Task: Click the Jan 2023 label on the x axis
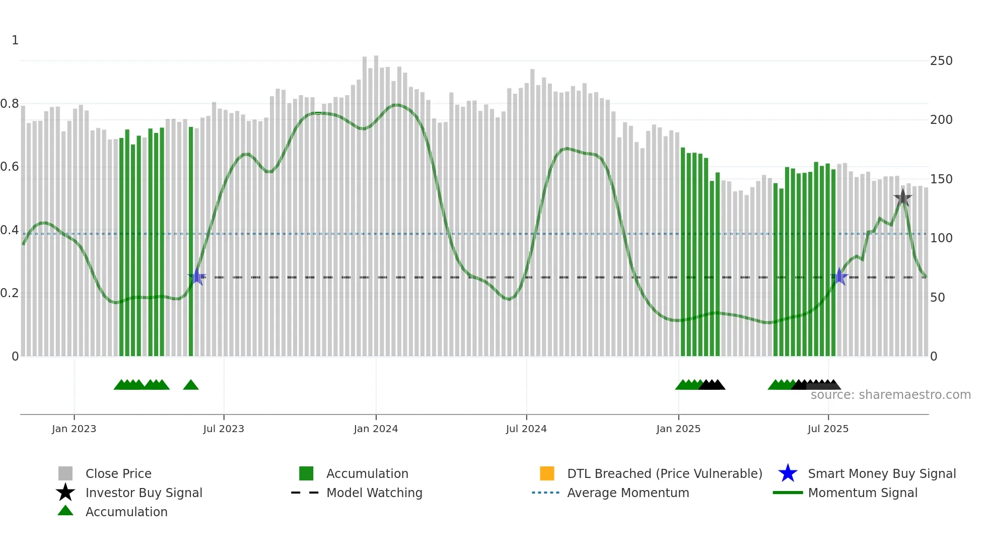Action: point(74,429)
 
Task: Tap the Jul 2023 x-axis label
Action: point(224,429)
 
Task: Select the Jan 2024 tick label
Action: point(376,429)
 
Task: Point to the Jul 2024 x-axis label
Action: point(526,429)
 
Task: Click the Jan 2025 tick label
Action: point(678,429)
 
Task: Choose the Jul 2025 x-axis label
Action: point(828,429)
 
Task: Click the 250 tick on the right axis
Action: point(941,61)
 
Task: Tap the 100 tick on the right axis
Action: point(941,238)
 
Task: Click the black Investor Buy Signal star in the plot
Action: point(903,198)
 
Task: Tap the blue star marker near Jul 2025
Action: point(839,276)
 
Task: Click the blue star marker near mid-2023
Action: point(197,276)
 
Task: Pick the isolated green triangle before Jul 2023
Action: point(191,385)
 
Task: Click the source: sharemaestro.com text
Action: point(890,395)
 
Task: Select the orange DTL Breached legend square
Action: point(547,473)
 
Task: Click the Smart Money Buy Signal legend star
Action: point(788,473)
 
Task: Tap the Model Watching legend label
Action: point(374,493)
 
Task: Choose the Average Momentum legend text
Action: point(628,493)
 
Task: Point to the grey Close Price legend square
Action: point(65,473)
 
